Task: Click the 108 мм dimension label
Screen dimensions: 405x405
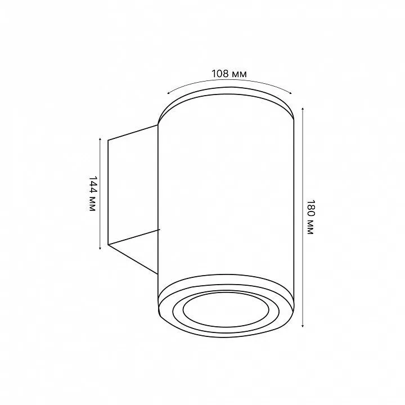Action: point(229,74)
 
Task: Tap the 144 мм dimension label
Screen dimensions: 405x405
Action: point(92,193)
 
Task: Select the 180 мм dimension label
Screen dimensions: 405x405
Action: point(310,217)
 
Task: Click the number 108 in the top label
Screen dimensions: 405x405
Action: point(220,74)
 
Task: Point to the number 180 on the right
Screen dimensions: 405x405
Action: point(310,208)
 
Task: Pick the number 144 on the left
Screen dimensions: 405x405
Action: point(92,185)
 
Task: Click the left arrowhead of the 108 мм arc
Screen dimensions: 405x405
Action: point(168,93)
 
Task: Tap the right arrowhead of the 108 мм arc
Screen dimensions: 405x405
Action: point(290,93)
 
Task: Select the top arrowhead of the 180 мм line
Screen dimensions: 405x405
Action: point(303,110)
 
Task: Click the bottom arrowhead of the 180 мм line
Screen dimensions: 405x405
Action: point(303,325)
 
